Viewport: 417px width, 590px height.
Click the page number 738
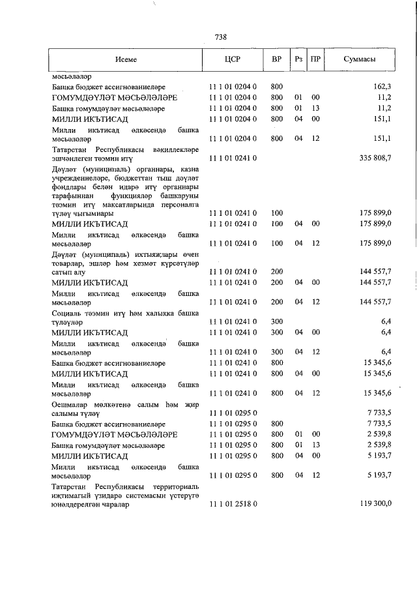pos(220,37)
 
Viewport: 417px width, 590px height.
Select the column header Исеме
pos(126,59)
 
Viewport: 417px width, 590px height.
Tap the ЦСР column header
pos(232,59)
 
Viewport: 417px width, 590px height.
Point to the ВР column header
pos(276,59)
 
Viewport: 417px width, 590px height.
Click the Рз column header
pos(298,59)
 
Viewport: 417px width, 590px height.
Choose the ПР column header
pos(315,59)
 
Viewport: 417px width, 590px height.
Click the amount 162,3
pos(382,86)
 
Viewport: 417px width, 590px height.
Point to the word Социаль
pos(66,312)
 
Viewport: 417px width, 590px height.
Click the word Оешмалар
pos(70,404)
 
